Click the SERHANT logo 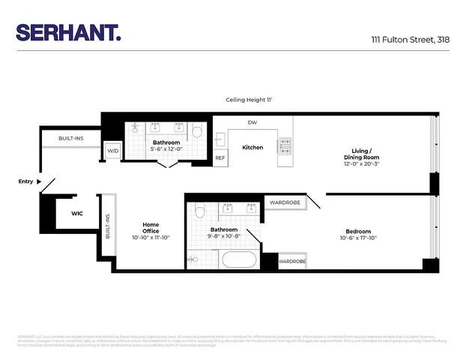68,32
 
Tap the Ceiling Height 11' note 251,99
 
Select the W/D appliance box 113,151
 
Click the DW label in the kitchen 252,122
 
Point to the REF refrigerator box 220,157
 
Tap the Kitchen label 252,147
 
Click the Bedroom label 358,231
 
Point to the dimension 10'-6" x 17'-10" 358,239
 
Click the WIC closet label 77,214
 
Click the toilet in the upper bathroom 198,132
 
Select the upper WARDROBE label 285,202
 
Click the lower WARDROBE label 293,262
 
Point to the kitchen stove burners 285,147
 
